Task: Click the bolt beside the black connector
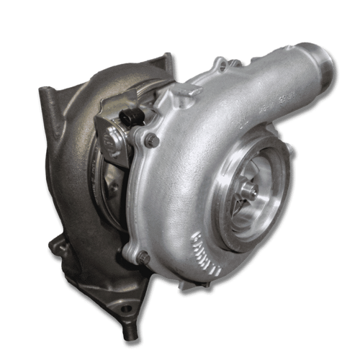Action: [x=151, y=140]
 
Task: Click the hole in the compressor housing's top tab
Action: [x=220, y=67]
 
